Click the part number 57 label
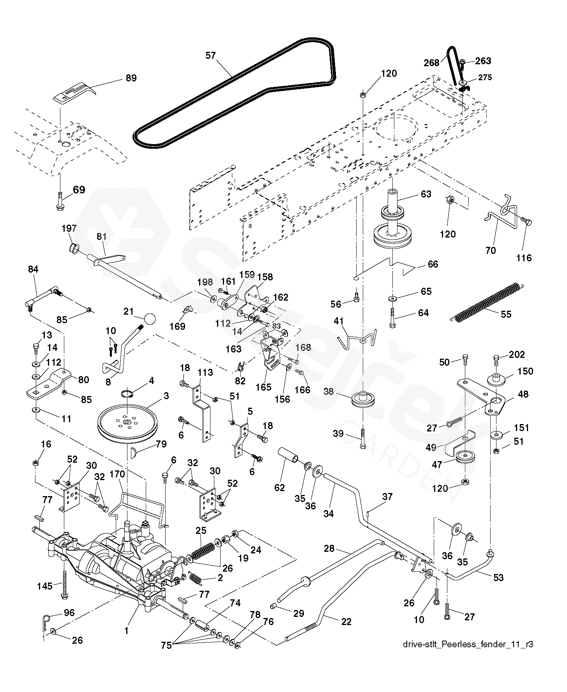210,56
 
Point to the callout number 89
131,78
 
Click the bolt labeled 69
61,202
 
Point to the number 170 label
117,474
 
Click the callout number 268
431,63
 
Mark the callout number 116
524,258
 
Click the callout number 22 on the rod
346,622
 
